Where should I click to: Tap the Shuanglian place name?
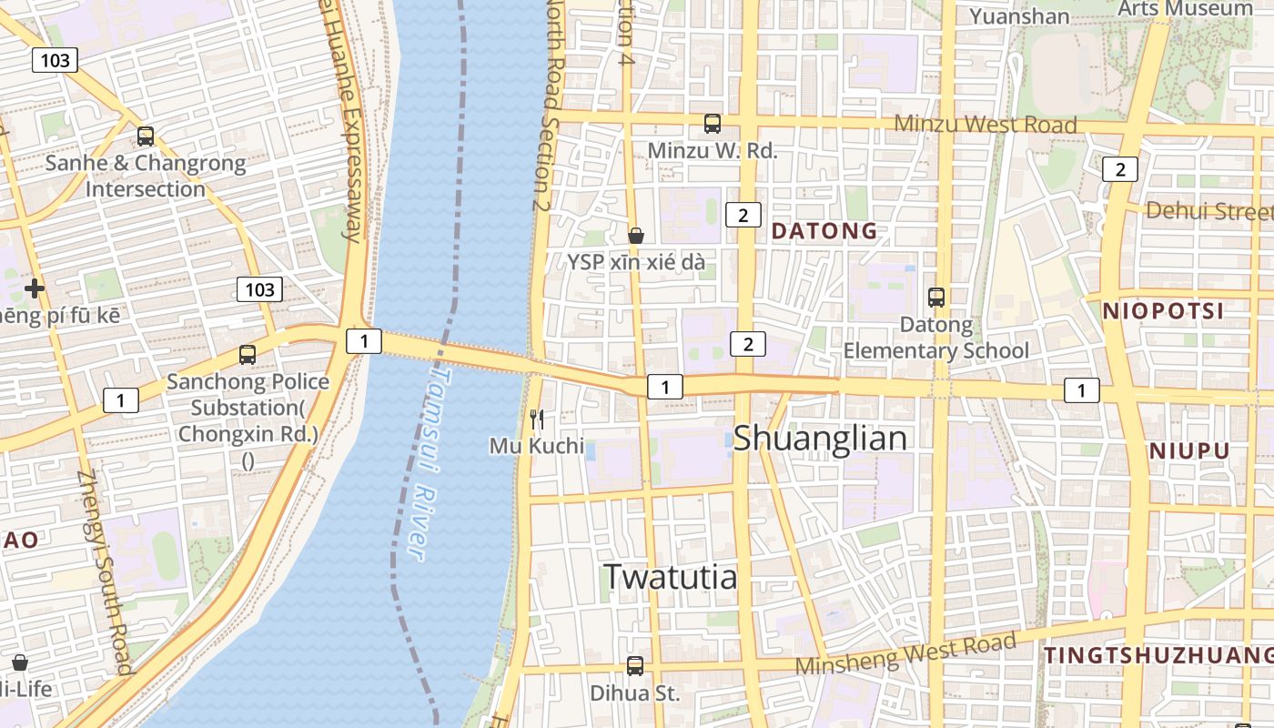click(820, 439)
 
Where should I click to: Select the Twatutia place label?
click(670, 576)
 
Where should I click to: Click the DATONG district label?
click(824, 231)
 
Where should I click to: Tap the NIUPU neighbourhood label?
click(1188, 450)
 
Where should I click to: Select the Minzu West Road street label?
click(985, 124)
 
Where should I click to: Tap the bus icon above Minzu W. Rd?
click(713, 123)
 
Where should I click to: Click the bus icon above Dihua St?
click(635, 666)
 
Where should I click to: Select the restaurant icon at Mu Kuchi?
click(537, 420)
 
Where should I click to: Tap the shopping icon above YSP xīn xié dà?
click(636, 236)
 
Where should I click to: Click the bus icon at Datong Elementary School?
click(935, 297)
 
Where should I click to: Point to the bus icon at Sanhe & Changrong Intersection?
click(146, 136)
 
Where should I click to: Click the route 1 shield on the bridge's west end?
click(364, 341)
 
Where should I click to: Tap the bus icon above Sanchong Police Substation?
click(248, 355)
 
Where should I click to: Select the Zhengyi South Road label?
click(106, 573)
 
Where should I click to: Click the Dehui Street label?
click(1208, 211)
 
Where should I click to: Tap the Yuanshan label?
click(1019, 16)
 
